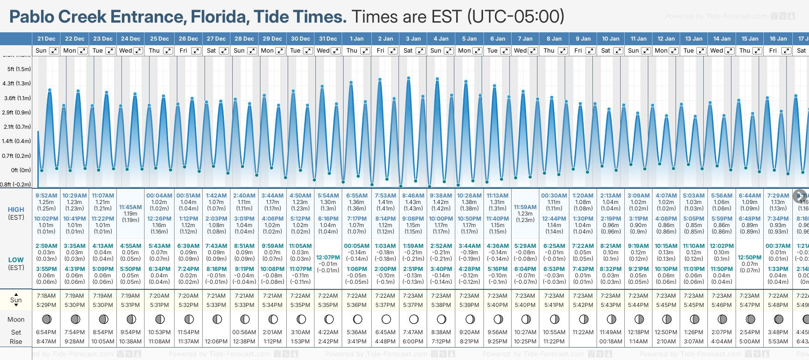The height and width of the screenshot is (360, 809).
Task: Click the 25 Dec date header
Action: [x=159, y=39]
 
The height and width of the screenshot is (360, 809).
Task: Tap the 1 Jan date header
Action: [x=356, y=39]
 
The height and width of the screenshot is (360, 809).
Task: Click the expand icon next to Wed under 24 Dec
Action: [x=138, y=51]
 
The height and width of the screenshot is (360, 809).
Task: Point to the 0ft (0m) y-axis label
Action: [x=21, y=170]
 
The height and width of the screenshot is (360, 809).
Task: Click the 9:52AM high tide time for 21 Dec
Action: [x=46, y=196]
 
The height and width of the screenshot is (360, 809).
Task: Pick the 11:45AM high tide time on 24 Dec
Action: [x=131, y=207]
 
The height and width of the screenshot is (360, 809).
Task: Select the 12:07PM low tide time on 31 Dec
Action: [x=328, y=258]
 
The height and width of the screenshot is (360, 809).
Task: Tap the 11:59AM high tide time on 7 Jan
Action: [x=525, y=207]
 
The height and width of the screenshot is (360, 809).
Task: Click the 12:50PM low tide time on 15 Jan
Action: [x=749, y=258]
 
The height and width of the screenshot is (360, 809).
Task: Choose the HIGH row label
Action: [x=16, y=210]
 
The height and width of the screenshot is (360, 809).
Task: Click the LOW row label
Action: [x=16, y=260]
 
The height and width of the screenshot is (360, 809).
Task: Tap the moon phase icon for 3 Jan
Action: [x=414, y=319]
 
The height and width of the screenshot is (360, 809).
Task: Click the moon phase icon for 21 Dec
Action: [x=46, y=319]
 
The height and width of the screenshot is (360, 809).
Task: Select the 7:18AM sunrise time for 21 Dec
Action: [x=46, y=296]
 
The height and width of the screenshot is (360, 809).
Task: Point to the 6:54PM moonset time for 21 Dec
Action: [x=46, y=332]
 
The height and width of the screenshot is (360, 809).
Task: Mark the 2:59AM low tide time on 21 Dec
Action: [x=46, y=246]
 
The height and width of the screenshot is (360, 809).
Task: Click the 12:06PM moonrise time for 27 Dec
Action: [x=216, y=342]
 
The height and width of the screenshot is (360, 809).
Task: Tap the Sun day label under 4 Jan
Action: [x=436, y=51]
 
